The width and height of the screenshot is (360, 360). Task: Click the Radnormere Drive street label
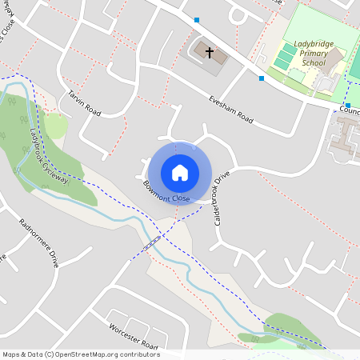(38, 242)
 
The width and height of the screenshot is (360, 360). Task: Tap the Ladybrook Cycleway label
(49, 158)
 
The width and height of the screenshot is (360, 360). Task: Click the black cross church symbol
(210, 53)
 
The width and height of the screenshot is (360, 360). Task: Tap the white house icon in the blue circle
(180, 172)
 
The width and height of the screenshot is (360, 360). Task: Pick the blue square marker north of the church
(197, 19)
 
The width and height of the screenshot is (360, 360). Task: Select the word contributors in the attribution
(139, 354)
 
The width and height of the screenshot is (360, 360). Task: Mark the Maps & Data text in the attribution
(22, 354)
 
